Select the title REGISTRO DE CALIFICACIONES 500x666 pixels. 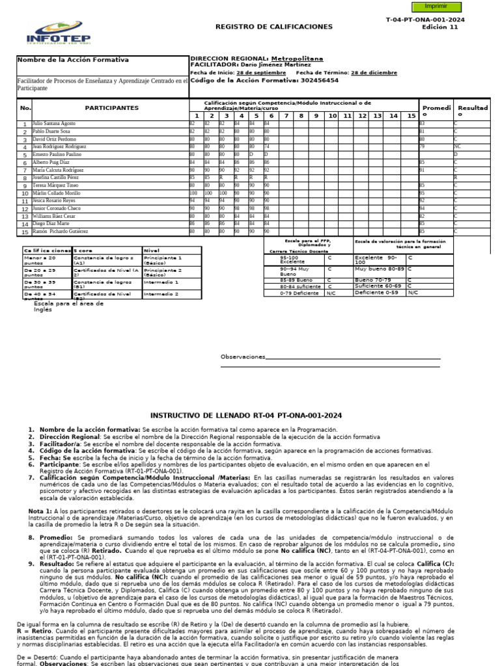(274, 27)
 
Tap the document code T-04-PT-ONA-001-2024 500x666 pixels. (425, 20)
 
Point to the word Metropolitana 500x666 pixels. (297, 59)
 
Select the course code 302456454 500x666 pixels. (316, 81)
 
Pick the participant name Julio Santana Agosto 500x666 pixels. (54, 123)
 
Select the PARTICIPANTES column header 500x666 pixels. (111, 107)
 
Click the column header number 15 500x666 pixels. (411, 115)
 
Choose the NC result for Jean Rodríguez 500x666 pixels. (458, 148)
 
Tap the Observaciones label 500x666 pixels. (243, 357)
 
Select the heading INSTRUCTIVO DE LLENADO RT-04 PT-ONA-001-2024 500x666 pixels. (245, 416)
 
